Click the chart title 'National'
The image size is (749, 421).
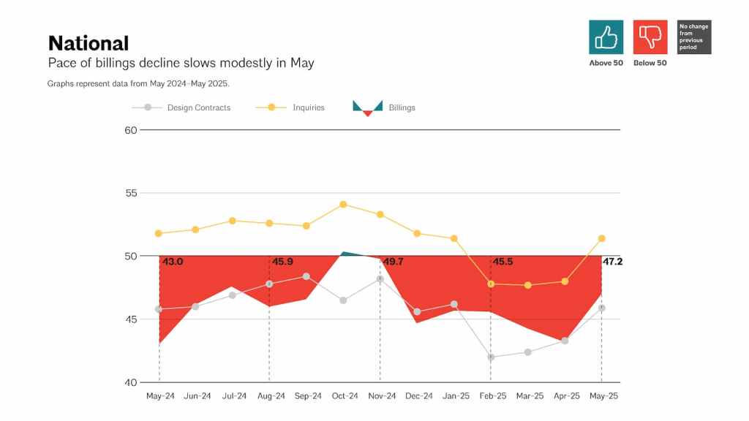[x=88, y=43]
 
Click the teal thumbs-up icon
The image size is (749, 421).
[x=606, y=37]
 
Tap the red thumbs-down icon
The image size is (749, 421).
[x=650, y=37]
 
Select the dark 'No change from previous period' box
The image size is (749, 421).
[x=694, y=37]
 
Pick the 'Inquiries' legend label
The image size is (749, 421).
[x=308, y=107]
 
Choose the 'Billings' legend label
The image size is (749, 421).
[x=402, y=107]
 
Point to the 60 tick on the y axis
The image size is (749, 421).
[x=131, y=130]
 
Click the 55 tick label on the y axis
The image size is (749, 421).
[x=131, y=193]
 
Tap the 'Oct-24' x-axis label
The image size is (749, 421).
[x=344, y=396]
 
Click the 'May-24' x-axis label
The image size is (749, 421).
[x=159, y=396]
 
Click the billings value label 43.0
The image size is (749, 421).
[x=173, y=262]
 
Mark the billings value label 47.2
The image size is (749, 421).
[x=612, y=262]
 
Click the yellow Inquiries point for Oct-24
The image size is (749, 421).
[x=343, y=204]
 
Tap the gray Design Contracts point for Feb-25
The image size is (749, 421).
[x=491, y=357]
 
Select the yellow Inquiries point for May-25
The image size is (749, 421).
[x=601, y=238]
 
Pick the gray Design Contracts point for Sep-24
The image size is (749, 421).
[x=306, y=276]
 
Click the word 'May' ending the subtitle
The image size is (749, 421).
[x=302, y=64]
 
